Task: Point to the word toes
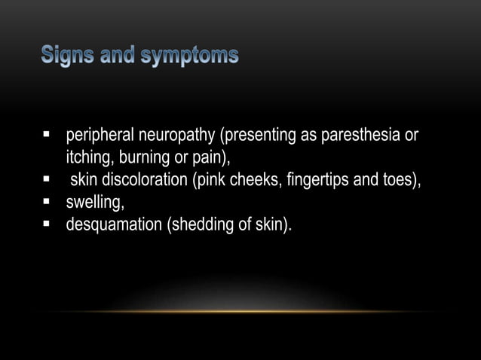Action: pos(396,180)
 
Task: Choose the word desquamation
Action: pos(108,223)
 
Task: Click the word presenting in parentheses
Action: pos(253,136)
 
